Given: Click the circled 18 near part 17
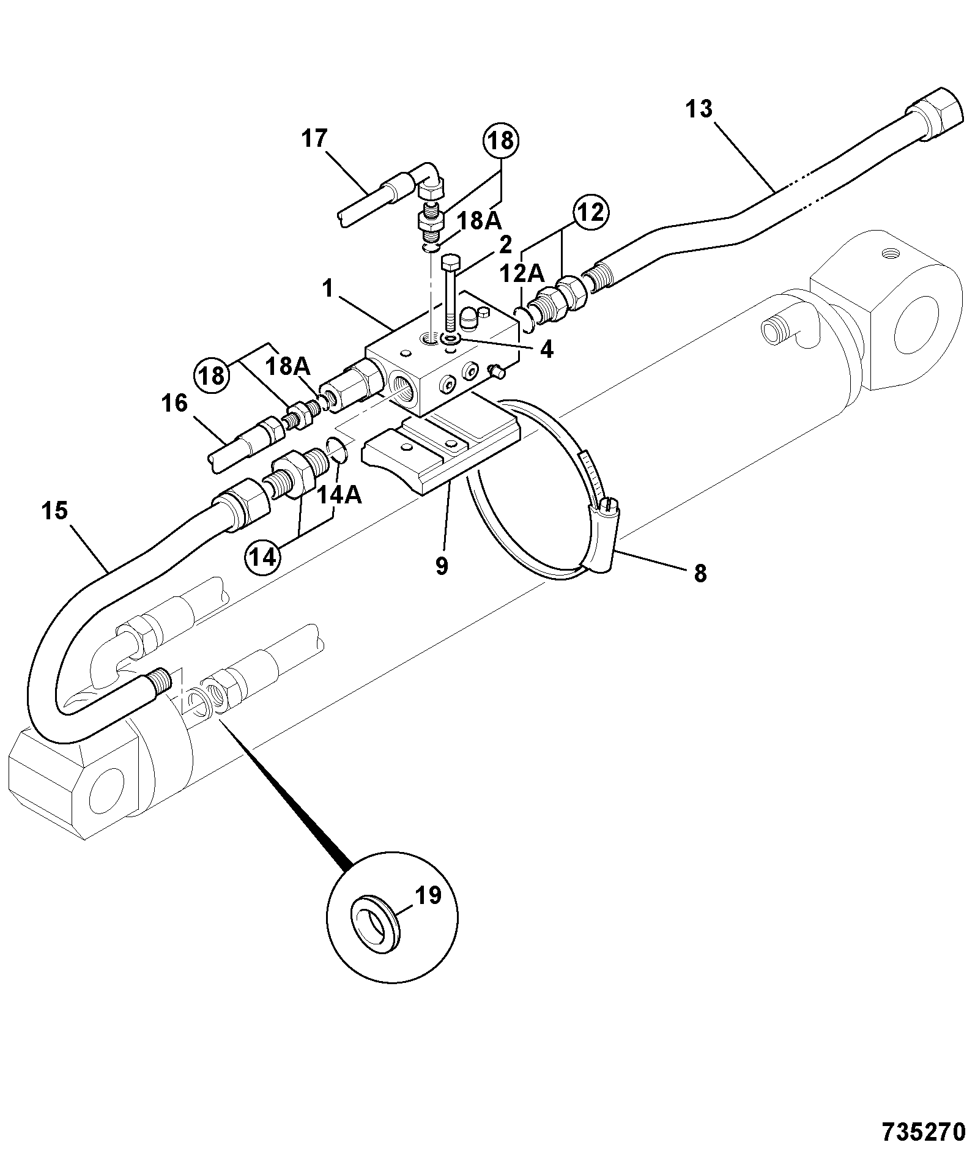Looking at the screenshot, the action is [x=500, y=141].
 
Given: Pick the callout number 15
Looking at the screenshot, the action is [x=54, y=511].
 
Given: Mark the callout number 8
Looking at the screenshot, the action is [x=700, y=573].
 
